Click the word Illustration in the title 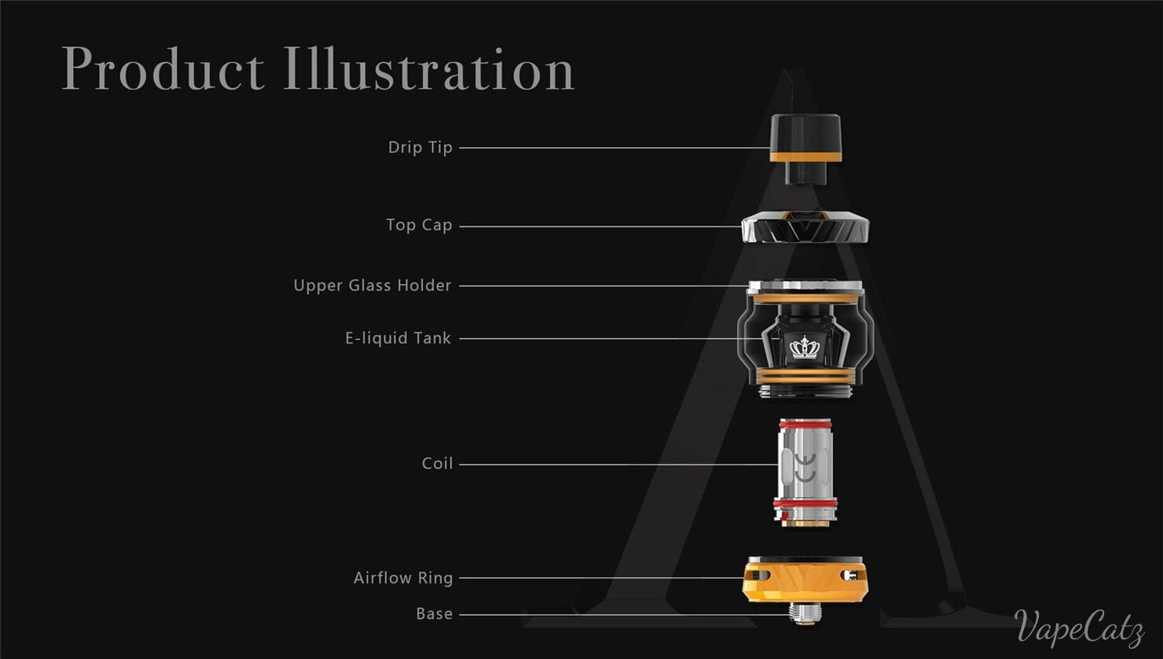(x=429, y=68)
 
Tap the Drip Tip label (x=420, y=148)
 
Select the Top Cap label (x=420, y=225)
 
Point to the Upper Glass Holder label (x=372, y=285)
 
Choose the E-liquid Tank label (x=398, y=338)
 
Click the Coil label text (x=438, y=464)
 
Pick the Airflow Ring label (x=403, y=578)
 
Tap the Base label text (x=435, y=614)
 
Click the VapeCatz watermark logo (x=1079, y=628)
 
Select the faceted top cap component (x=805, y=226)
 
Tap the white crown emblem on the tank (x=804, y=347)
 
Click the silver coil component (x=805, y=473)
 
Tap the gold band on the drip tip (x=805, y=157)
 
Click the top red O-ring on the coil (x=805, y=425)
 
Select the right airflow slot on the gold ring (x=853, y=575)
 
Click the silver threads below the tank (x=805, y=392)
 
